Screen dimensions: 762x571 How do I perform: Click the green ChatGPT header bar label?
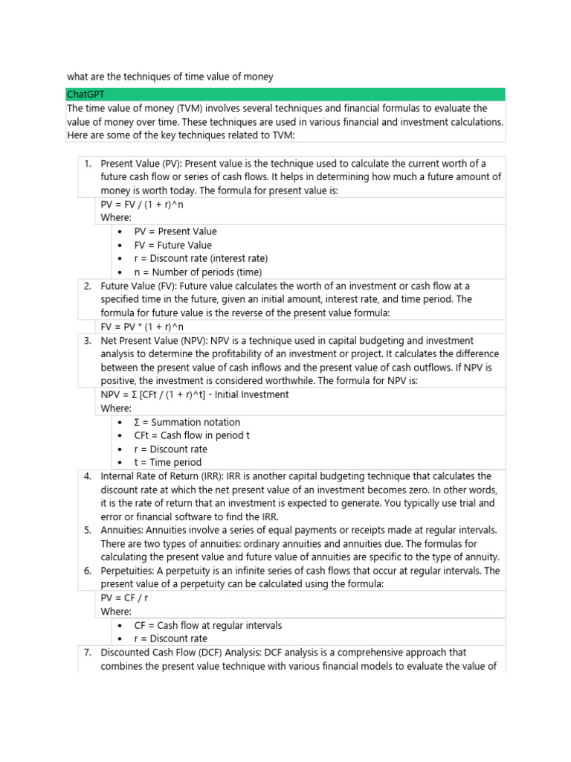pos(84,95)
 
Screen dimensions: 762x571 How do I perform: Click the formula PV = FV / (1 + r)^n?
pos(141,205)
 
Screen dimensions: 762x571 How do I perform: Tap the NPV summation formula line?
pos(195,394)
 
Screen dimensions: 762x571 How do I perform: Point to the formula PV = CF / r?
pos(126,598)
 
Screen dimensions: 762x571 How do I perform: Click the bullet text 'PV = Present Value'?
pos(175,231)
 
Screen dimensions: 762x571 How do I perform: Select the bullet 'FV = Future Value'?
pos(172,245)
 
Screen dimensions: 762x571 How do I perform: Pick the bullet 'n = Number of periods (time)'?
pos(198,272)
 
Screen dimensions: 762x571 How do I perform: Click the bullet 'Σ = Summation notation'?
pos(187,422)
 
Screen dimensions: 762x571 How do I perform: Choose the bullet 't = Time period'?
pos(167,462)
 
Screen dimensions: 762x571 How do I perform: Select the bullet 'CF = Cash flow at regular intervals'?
pos(207,625)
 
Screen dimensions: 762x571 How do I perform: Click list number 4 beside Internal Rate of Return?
pos(87,476)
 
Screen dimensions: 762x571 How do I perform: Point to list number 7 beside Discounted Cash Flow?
pos(87,653)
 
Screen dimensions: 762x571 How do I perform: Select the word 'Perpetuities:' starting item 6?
pos(129,571)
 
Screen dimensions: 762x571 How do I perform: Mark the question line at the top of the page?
pos(170,77)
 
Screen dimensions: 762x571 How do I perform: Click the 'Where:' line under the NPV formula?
pos(116,409)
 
